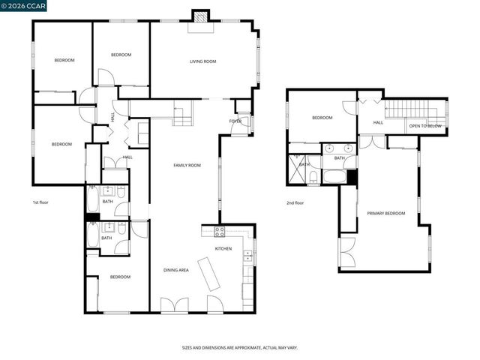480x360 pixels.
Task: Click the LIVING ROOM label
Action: pos(202,61)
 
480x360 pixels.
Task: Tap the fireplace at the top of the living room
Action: pos(200,17)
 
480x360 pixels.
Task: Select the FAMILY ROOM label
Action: pos(187,165)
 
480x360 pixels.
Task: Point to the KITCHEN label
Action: pos(223,248)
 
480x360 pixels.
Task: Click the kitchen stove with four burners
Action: pos(220,231)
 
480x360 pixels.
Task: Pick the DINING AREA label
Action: pos(175,270)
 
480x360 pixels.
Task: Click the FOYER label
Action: pos(235,121)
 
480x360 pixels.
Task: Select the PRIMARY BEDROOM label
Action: pos(385,214)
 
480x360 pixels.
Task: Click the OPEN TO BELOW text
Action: pos(424,126)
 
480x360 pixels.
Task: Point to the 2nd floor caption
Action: pos(295,202)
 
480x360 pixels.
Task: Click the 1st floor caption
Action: pos(40,202)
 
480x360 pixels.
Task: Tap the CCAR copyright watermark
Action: pos(23,7)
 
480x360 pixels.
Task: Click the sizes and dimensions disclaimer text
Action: pos(239,348)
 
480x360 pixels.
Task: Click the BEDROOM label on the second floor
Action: pos(322,118)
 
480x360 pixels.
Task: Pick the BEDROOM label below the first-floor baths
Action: pos(120,277)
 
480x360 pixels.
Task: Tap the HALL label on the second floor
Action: pos(378,122)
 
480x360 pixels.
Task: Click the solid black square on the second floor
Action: pos(352,177)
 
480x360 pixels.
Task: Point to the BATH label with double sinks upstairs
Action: pos(339,158)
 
